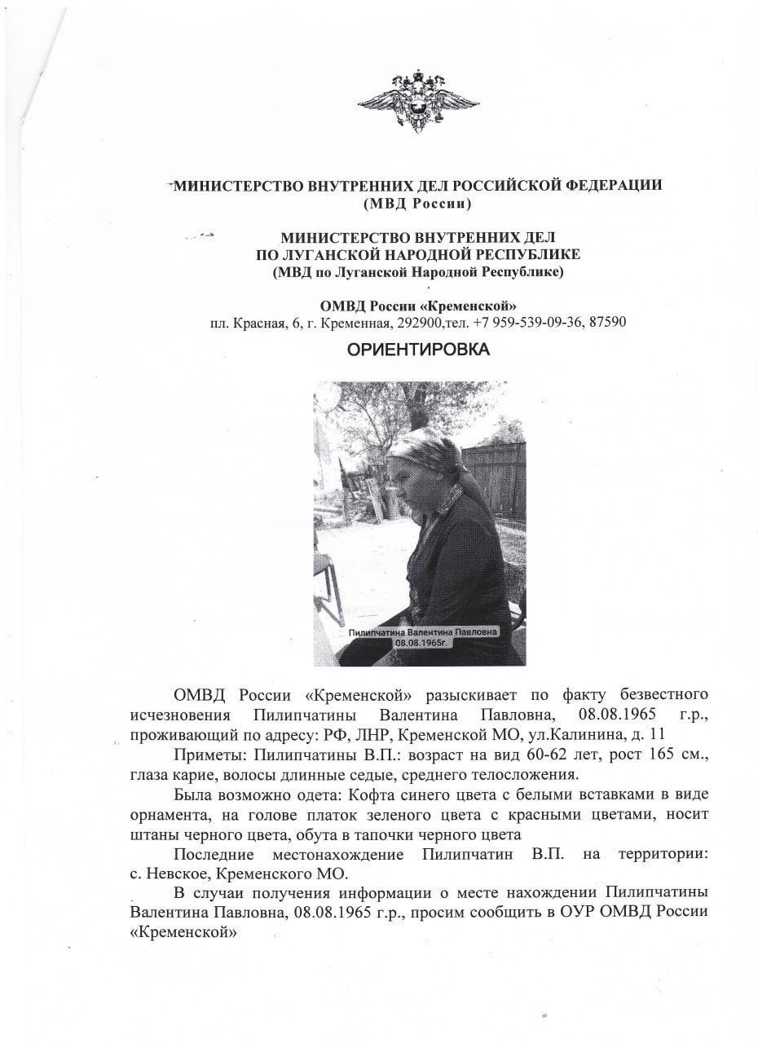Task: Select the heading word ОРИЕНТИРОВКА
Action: point(419,350)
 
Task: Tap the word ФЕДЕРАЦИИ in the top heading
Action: point(610,185)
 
